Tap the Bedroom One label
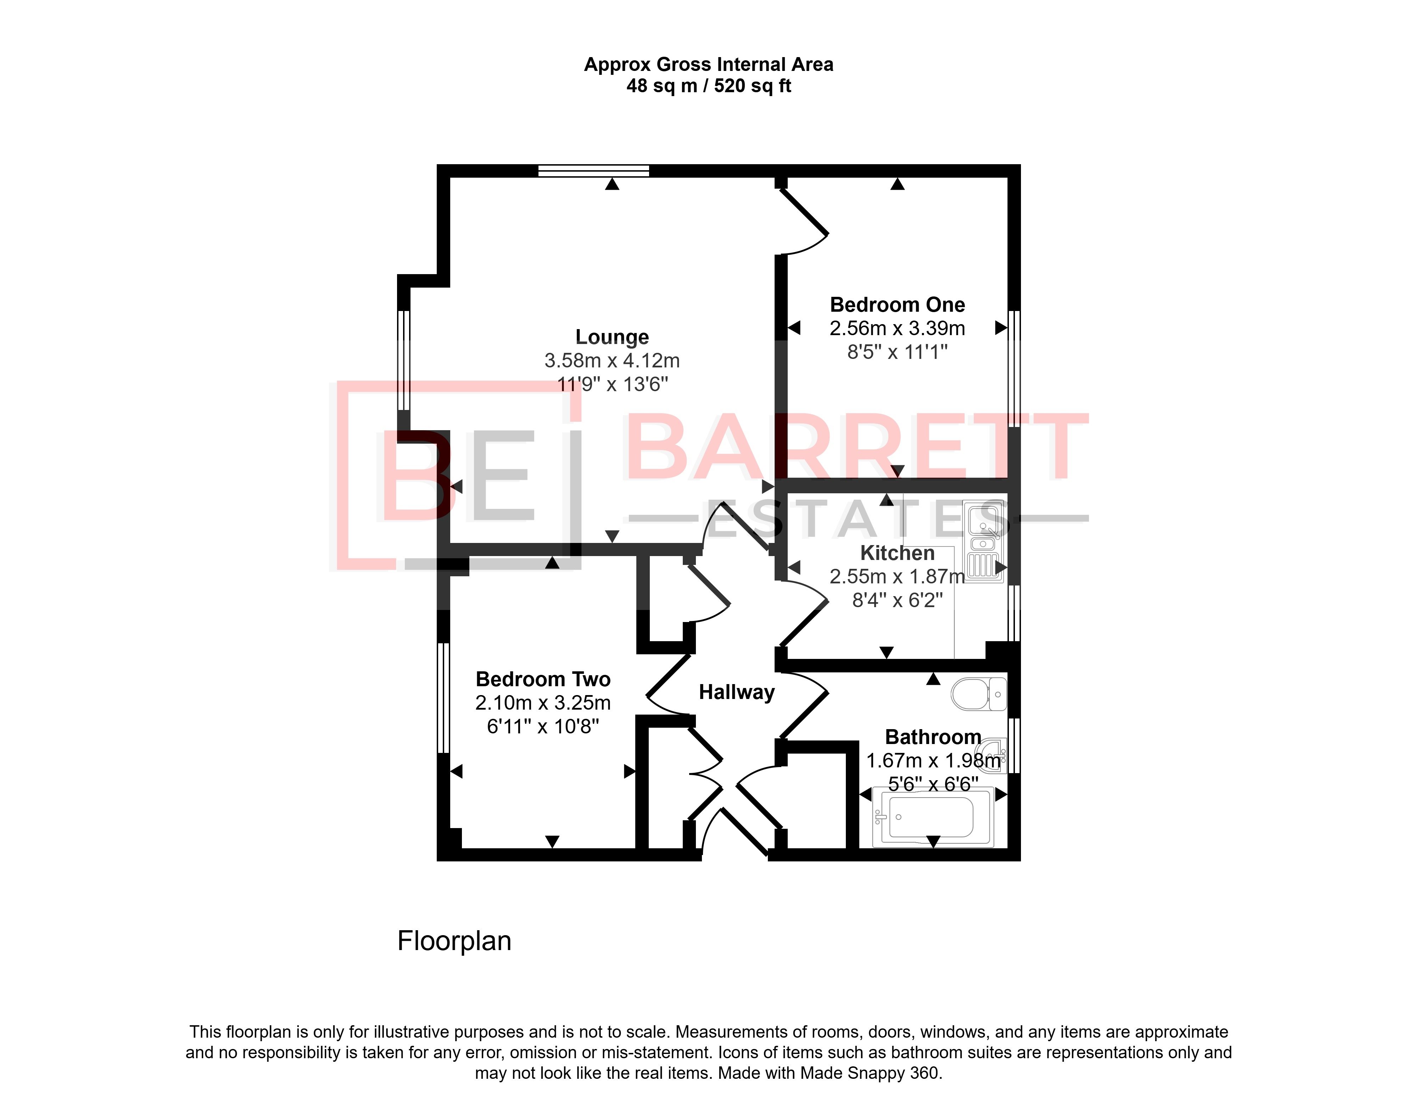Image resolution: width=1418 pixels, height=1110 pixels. coord(897,304)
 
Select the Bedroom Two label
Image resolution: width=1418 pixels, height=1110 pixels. coord(543,679)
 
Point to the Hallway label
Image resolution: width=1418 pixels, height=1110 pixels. coord(737,692)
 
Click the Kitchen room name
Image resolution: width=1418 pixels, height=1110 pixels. coord(897,553)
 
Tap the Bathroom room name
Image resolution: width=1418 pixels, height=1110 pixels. coord(933,737)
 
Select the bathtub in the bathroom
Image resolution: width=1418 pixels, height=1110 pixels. coord(933,817)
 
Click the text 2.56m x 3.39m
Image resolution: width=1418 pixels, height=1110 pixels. coord(897,328)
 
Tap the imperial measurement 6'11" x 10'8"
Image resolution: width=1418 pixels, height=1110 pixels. coord(543,726)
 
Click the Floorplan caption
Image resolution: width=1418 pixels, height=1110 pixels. coord(454,940)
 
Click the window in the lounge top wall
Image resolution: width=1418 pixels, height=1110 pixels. coord(594,171)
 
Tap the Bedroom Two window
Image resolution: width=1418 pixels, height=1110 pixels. coord(443,697)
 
